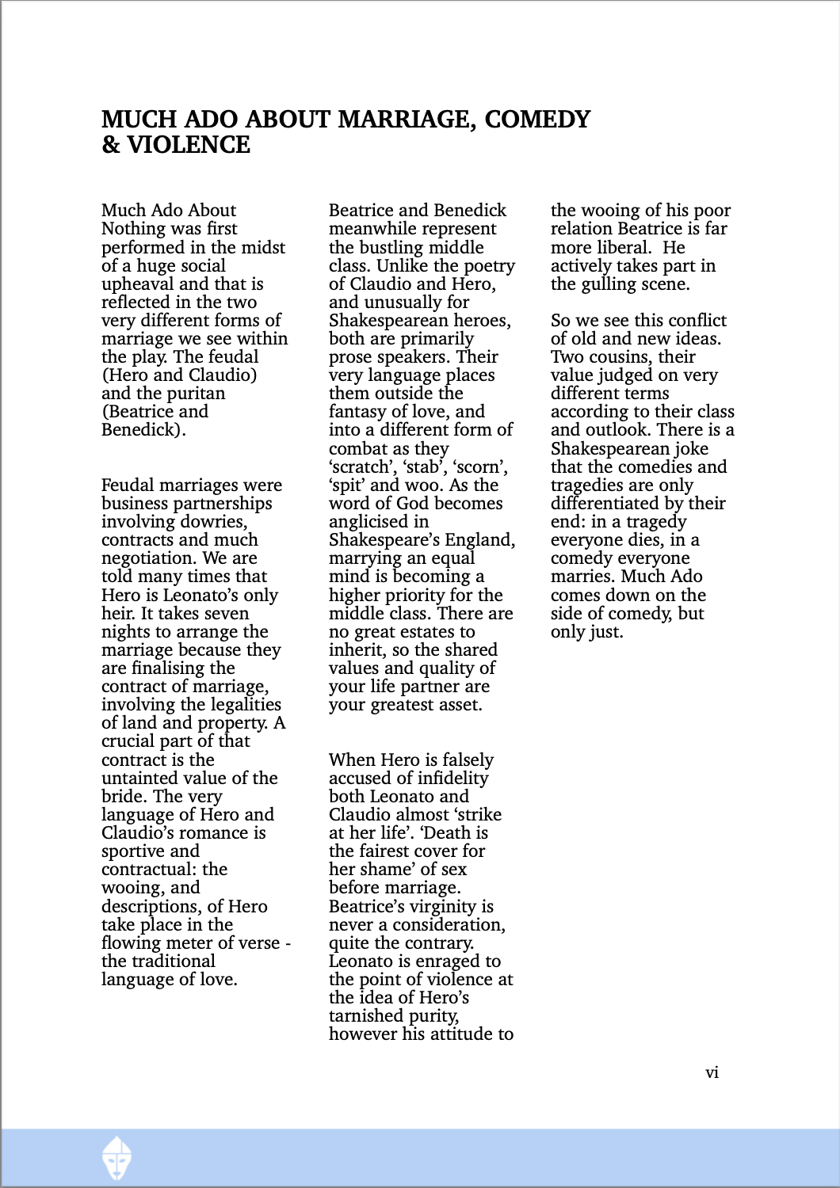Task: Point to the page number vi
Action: tap(712, 1072)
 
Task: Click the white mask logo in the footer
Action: tap(117, 1158)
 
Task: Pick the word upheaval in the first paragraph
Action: tap(138, 284)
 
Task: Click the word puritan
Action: tap(195, 394)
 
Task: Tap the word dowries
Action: tap(214, 522)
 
